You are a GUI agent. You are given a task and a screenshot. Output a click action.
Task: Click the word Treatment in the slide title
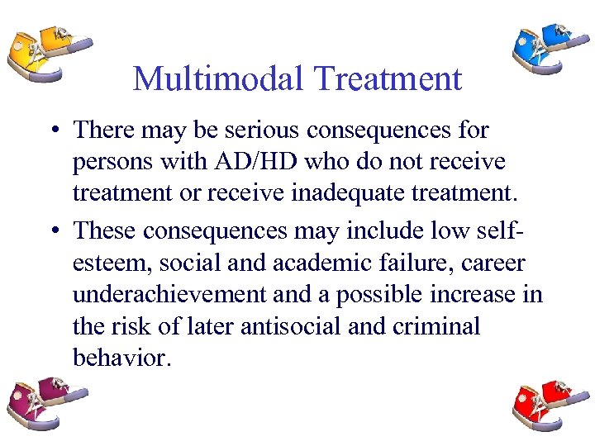click(x=387, y=79)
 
